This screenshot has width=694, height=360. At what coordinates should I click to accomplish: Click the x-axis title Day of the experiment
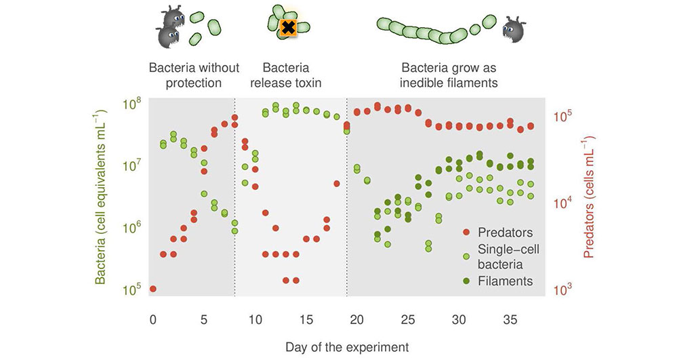tap(347, 347)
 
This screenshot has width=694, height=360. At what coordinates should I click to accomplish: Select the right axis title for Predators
tap(588, 198)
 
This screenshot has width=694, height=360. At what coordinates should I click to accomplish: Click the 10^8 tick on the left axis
tap(131, 103)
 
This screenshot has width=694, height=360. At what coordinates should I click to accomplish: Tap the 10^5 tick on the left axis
tap(131, 289)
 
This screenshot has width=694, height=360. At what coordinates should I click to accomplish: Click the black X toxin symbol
tap(288, 28)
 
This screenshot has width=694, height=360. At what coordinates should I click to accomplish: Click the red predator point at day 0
tap(152, 289)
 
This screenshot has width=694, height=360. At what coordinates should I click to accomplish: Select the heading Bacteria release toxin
tap(285, 75)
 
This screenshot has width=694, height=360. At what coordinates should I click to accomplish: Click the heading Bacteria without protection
tap(195, 75)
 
